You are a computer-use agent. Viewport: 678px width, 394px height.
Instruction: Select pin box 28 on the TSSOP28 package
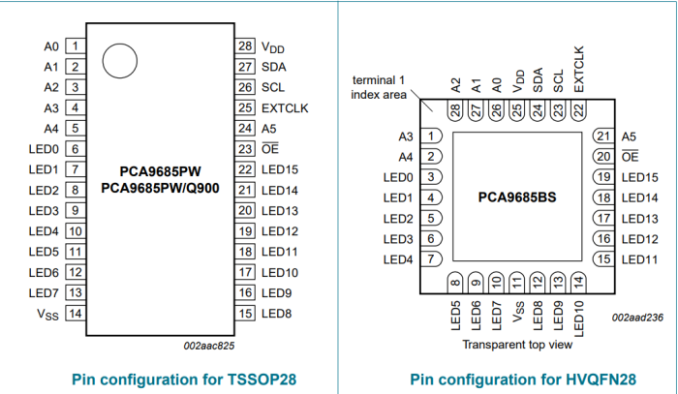click(245, 45)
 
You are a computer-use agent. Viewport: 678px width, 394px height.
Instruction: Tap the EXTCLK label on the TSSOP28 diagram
click(285, 108)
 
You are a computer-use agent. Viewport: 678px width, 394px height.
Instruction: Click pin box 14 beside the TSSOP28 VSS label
click(74, 313)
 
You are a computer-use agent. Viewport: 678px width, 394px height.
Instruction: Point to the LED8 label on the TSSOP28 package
click(278, 313)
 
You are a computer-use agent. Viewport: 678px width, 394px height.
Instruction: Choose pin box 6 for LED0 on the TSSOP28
click(74, 149)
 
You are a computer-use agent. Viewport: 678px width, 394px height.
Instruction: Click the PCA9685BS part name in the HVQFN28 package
click(517, 197)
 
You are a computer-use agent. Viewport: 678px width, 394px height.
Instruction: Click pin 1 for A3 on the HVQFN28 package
click(433, 136)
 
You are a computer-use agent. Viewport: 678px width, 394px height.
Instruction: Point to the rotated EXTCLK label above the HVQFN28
click(578, 69)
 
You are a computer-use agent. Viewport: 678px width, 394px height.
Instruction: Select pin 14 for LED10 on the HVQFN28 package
click(578, 282)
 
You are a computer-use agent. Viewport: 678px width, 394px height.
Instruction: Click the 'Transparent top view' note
click(516, 345)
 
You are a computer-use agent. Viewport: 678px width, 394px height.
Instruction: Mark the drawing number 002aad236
click(637, 318)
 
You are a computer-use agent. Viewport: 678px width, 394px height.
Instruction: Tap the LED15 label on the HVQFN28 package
click(639, 177)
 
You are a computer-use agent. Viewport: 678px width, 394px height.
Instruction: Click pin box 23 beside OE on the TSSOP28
click(245, 149)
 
